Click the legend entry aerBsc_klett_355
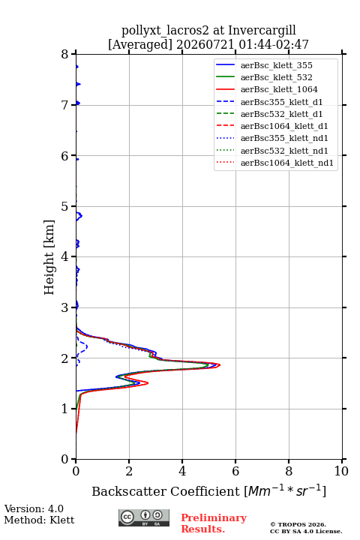[264, 65]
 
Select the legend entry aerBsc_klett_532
[264, 77]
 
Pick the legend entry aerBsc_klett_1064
[267, 89]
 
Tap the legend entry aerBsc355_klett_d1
[269, 102]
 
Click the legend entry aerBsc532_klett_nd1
[272, 151]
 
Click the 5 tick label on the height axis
[64, 206]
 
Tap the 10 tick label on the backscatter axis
[341, 471]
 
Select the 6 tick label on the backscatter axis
[235, 471]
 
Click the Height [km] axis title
[49, 257]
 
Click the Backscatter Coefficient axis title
[208, 490]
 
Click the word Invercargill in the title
[262, 31]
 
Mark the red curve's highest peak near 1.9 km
[220, 365]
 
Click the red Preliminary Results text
[214, 523]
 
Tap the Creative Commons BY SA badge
[144, 517]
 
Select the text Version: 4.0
[34, 508]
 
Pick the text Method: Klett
[39, 520]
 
